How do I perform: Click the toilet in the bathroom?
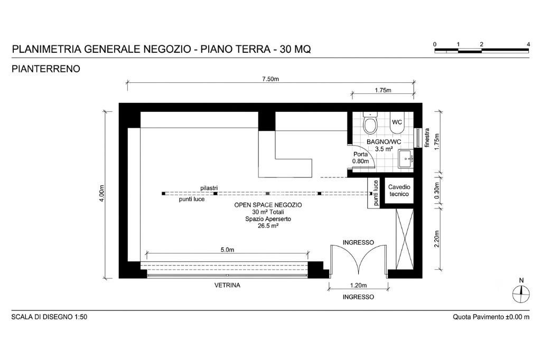click(370, 124)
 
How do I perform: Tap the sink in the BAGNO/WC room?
click(406, 158)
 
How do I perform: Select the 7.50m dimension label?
click(270, 79)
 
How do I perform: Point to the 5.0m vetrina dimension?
click(227, 250)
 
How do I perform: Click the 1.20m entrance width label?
click(359, 285)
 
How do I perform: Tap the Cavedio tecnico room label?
click(399, 191)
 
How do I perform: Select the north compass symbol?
click(521, 292)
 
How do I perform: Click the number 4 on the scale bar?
click(528, 44)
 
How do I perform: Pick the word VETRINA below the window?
click(227, 285)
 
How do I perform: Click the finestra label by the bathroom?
click(427, 138)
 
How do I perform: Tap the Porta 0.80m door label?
click(360, 158)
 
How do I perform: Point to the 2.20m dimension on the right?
click(437, 239)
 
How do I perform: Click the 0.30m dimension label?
click(437, 191)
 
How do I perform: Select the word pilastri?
click(209, 188)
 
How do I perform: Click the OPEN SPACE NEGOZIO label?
click(268, 205)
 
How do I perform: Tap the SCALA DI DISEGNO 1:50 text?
click(49, 317)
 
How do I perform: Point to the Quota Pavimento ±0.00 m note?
click(491, 317)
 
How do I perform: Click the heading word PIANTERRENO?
click(46, 69)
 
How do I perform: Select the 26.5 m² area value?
click(268, 226)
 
